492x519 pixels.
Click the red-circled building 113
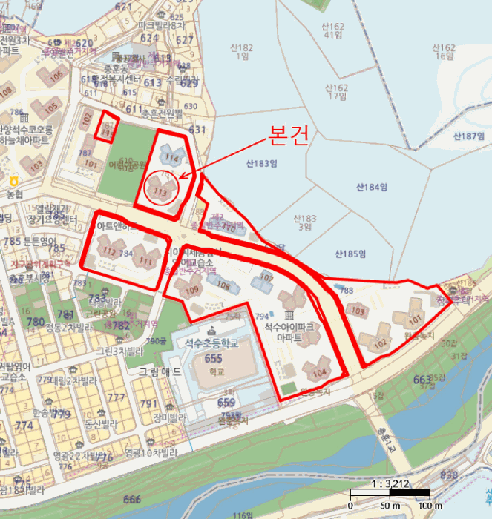158,190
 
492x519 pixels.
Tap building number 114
172,157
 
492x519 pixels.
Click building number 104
319,372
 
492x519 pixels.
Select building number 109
191,289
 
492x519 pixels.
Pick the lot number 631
197,130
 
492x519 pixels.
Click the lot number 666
132,499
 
